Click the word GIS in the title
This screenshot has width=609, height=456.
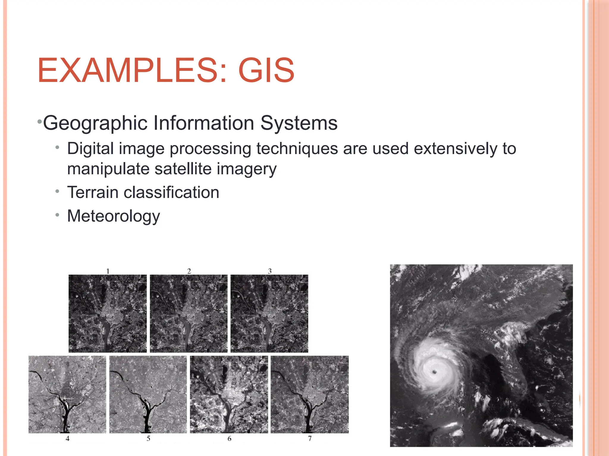point(266,70)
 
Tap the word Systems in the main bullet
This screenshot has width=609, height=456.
point(299,123)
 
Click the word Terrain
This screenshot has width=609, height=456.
point(93,192)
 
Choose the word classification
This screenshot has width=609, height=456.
point(171,192)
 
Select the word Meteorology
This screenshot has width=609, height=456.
point(113,216)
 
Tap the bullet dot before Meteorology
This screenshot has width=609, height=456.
point(57,214)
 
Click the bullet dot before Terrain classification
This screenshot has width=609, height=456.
point(57,191)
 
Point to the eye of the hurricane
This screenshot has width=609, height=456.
point(435,372)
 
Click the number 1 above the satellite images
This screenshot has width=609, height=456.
point(108,271)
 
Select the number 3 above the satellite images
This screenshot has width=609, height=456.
point(270,271)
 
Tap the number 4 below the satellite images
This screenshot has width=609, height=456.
point(68,438)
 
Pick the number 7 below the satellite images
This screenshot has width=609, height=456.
point(310,438)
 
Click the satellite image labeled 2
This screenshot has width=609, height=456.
point(189,313)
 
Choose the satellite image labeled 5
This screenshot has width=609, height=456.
point(148,394)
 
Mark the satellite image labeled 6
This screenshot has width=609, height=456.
point(229,394)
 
